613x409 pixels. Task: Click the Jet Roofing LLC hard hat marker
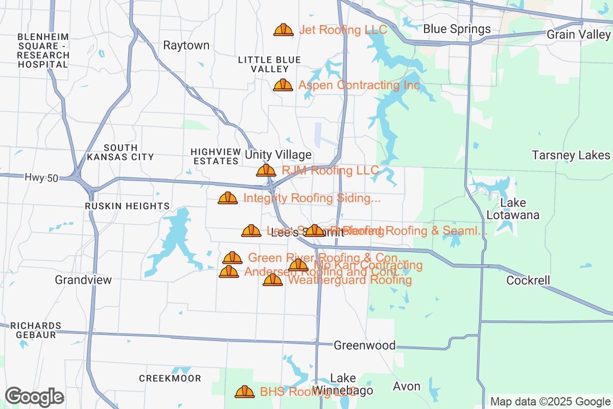283,30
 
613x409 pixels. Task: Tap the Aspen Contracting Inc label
359,85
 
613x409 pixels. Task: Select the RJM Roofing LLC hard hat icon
266,170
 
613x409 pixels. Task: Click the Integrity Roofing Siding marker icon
227,198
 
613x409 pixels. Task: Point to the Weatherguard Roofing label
350,280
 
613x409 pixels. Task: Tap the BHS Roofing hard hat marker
245,392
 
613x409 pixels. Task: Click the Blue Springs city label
457,29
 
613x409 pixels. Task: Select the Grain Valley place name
578,35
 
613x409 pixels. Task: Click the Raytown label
186,46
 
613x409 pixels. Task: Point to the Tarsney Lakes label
571,155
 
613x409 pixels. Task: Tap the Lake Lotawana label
512,209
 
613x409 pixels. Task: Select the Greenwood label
364,346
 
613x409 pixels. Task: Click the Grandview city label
83,280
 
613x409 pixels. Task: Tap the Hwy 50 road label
41,178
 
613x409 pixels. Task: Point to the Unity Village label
278,155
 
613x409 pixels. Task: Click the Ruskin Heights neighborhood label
127,206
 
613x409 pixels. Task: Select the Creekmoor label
170,378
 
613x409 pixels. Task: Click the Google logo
34,396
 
